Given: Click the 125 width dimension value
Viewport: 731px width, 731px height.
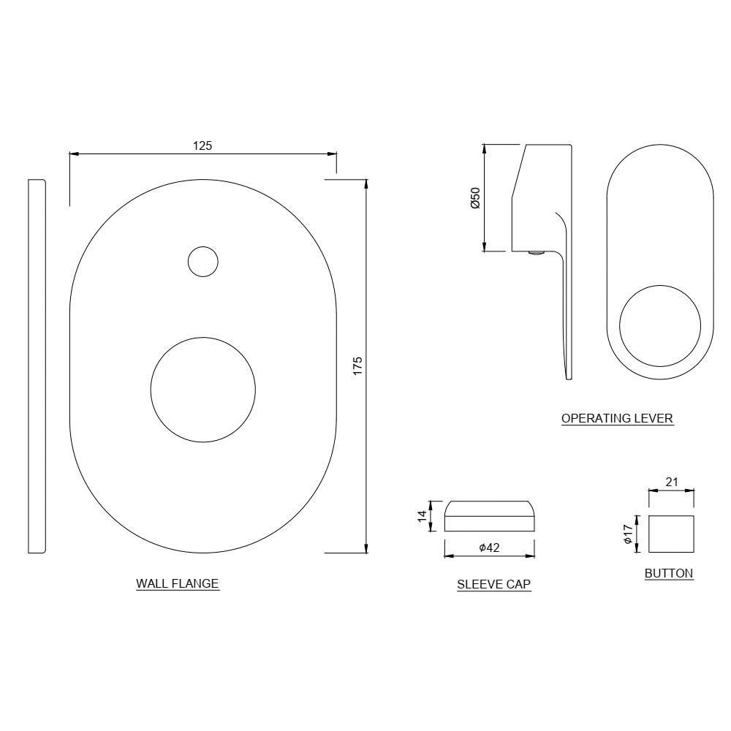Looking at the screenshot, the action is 202,146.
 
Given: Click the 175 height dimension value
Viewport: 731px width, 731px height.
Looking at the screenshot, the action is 357,366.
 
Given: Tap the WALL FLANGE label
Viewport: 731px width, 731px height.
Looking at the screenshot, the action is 177,583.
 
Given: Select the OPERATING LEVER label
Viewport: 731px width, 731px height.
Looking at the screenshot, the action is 617,418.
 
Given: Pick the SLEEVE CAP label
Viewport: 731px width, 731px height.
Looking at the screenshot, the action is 493,585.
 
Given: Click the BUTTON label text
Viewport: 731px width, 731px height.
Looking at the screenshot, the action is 669,573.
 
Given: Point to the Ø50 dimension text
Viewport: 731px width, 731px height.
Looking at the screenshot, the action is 476,198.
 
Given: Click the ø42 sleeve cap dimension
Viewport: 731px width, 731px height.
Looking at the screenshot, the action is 490,548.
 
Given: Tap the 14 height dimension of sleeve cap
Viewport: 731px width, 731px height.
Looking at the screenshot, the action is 423,516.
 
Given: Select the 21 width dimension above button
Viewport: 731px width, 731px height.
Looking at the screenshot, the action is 671,482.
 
